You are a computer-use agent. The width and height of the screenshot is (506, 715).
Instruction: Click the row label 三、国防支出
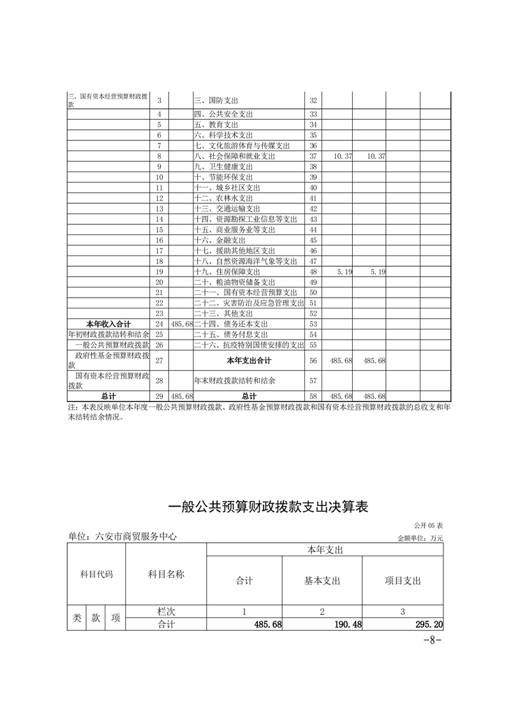[214, 101]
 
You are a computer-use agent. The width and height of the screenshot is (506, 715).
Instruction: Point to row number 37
[313, 156]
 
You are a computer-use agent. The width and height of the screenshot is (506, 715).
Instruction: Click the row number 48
[313, 271]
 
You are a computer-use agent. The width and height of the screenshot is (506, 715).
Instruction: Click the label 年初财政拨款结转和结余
[108, 335]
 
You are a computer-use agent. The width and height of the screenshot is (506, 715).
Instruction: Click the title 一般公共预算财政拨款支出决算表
[268, 507]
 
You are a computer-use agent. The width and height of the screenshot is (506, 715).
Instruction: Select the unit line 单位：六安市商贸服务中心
[122, 537]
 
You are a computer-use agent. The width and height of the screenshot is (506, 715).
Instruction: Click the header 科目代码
[96, 574]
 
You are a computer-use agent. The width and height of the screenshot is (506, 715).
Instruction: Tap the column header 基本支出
[322, 581]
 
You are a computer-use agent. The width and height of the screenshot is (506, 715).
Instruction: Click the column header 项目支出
[403, 581]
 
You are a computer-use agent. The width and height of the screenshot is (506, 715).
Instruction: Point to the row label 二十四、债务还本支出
[230, 324]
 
